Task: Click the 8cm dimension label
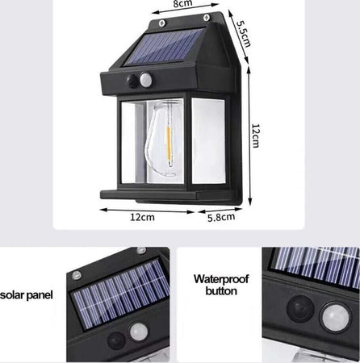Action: [182, 3]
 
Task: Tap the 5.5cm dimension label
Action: [244, 34]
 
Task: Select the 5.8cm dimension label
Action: [221, 217]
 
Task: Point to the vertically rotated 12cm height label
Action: [255, 136]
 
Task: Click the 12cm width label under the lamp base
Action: [142, 217]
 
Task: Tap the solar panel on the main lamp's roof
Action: [165, 47]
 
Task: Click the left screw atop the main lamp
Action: [161, 23]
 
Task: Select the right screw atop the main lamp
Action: [207, 18]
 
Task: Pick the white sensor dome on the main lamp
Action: [145, 79]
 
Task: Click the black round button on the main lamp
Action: [132, 81]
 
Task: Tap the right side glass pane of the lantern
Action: [208, 140]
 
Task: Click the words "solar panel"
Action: [27, 295]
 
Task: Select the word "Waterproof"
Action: [221, 279]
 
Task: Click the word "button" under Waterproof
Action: [221, 291]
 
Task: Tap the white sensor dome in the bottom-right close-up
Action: [335, 317]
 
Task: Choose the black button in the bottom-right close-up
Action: [300, 308]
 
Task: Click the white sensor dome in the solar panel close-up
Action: [138, 332]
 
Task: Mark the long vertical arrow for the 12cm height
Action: [249, 136]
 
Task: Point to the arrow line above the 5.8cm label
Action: [220, 210]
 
